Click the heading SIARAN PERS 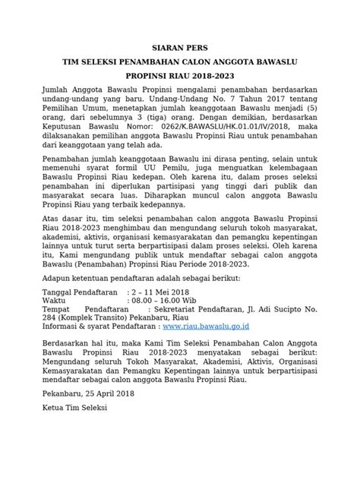(x=180, y=47)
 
